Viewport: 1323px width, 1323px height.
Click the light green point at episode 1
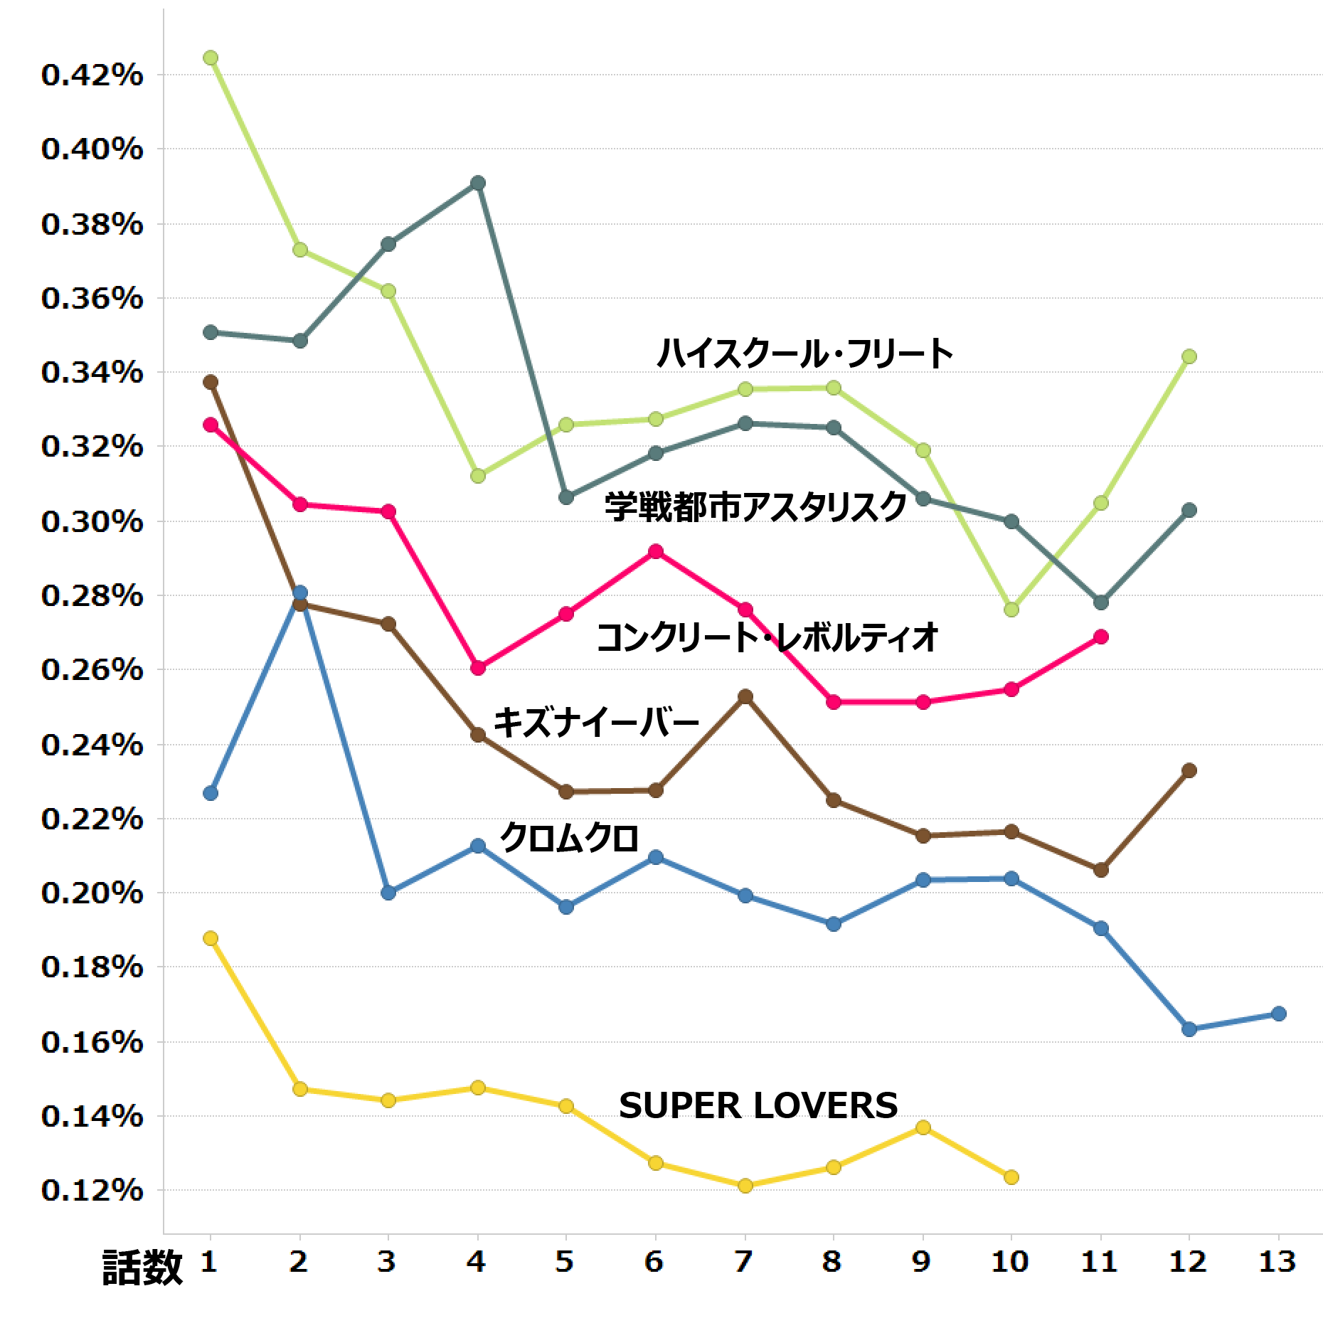[211, 58]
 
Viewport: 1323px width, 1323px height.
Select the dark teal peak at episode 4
[478, 184]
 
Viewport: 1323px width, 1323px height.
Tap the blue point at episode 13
[1278, 1014]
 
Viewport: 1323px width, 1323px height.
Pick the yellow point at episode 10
[1011, 1177]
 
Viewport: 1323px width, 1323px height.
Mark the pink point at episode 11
[1101, 637]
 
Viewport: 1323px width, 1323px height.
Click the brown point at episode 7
[745, 696]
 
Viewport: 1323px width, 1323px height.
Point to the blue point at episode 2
[300, 593]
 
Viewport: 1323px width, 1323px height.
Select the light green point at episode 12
[1189, 356]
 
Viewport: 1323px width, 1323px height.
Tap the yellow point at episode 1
[211, 938]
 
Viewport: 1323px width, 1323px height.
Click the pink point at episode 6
[656, 551]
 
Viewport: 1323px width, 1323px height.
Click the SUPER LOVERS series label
[758, 1105]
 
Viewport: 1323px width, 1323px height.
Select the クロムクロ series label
[569, 837]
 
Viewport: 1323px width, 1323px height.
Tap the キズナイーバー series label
[596, 722]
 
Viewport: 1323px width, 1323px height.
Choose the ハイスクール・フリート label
[804, 354]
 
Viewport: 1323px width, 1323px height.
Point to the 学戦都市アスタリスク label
[755, 506]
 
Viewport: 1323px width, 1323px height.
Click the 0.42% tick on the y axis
[92, 75]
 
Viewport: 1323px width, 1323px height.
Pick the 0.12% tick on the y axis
[92, 1190]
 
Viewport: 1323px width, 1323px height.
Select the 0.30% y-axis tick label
[92, 521]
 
